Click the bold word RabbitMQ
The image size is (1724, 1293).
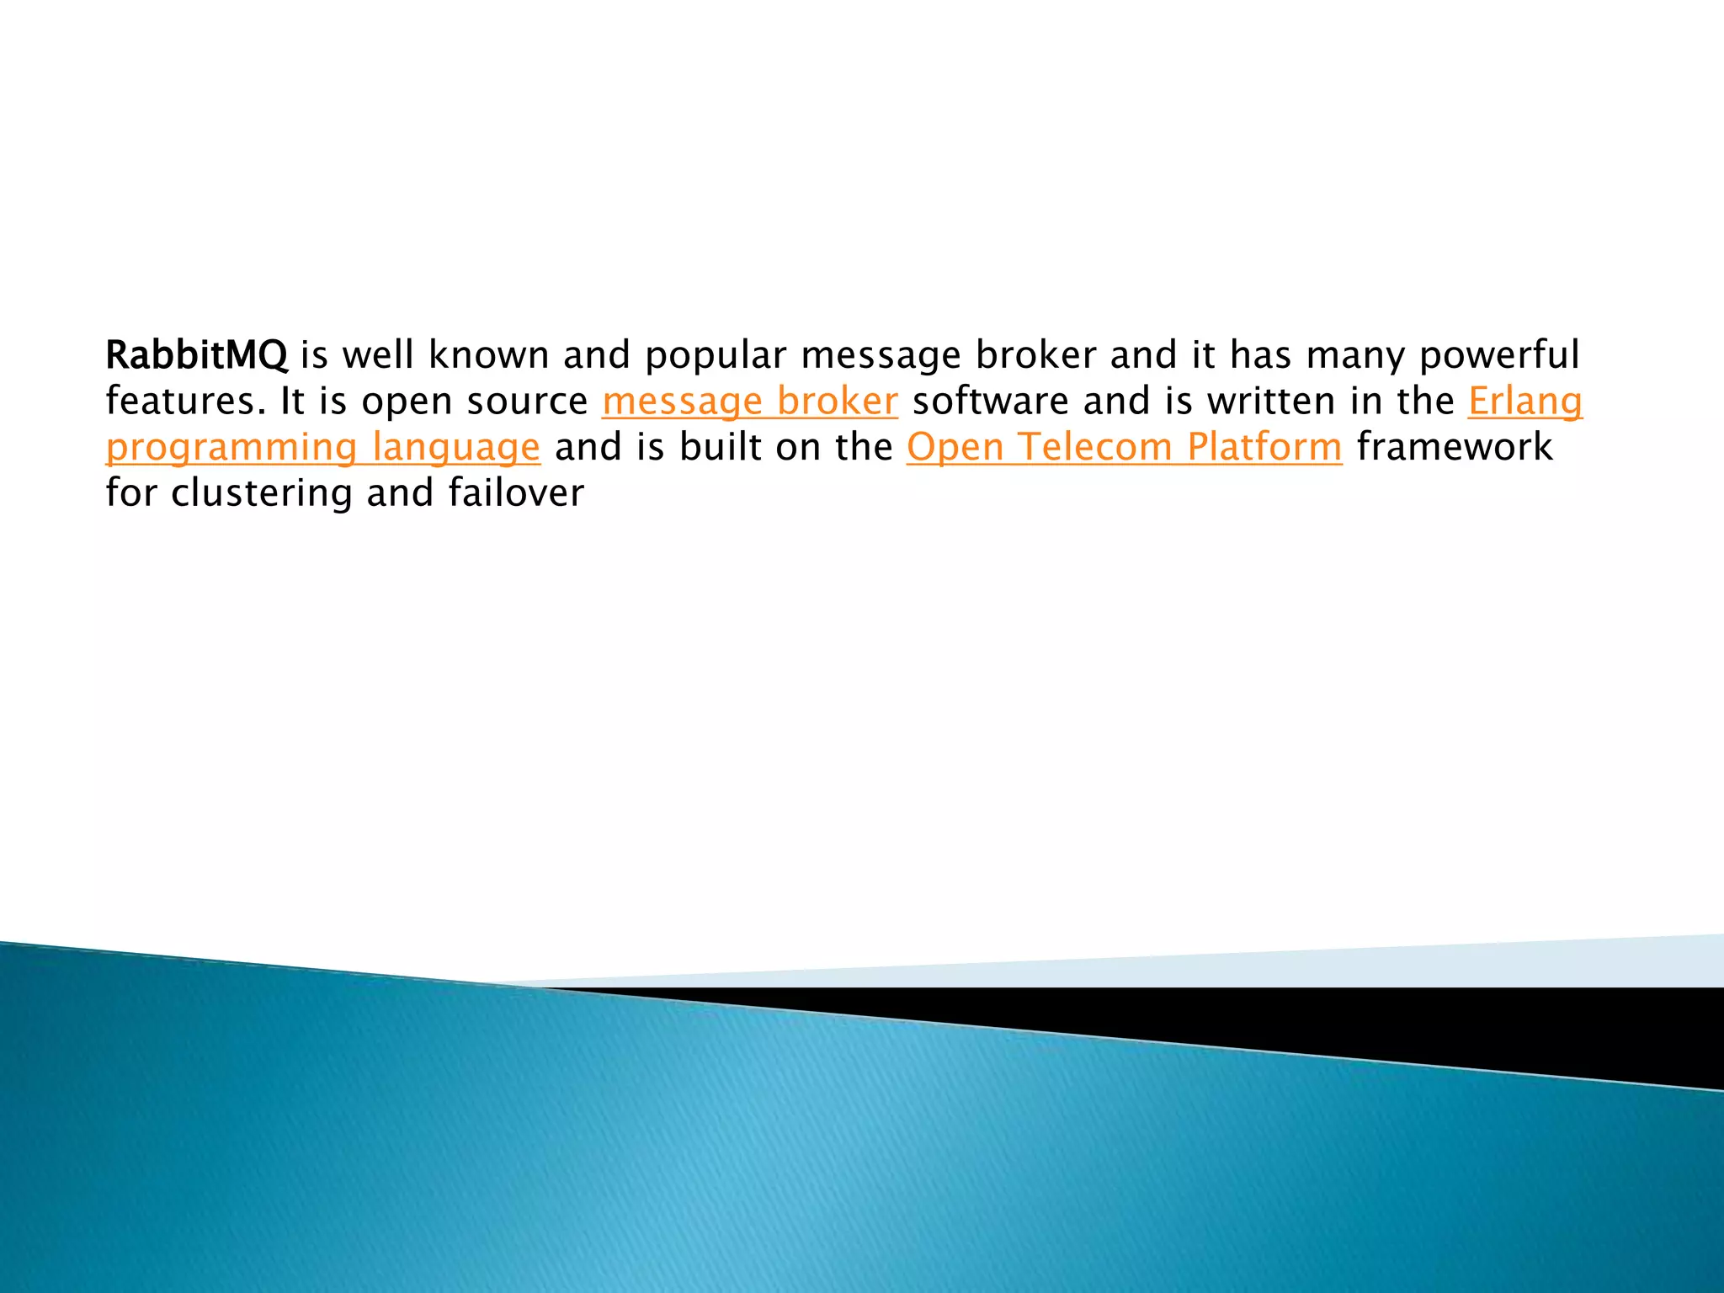tap(196, 355)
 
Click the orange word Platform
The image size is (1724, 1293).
tap(1264, 447)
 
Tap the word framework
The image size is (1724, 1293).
tap(1455, 447)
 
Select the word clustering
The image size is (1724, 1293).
tap(261, 493)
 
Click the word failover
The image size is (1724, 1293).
tap(516, 493)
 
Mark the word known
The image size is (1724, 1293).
tap(489, 355)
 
